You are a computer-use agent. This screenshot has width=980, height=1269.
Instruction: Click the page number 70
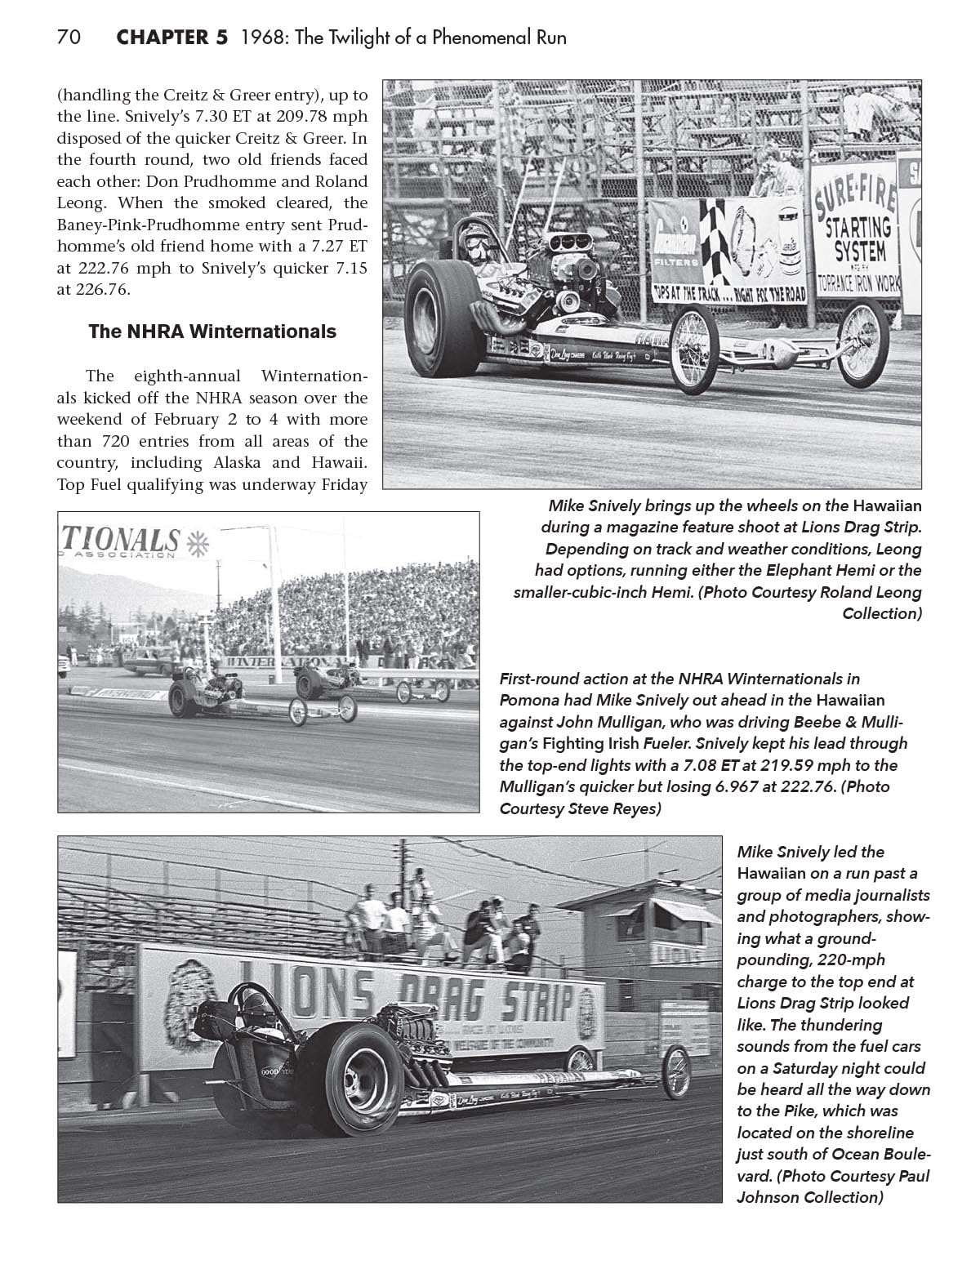coord(68,38)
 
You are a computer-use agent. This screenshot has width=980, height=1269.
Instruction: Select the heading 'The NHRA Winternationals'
coord(212,332)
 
